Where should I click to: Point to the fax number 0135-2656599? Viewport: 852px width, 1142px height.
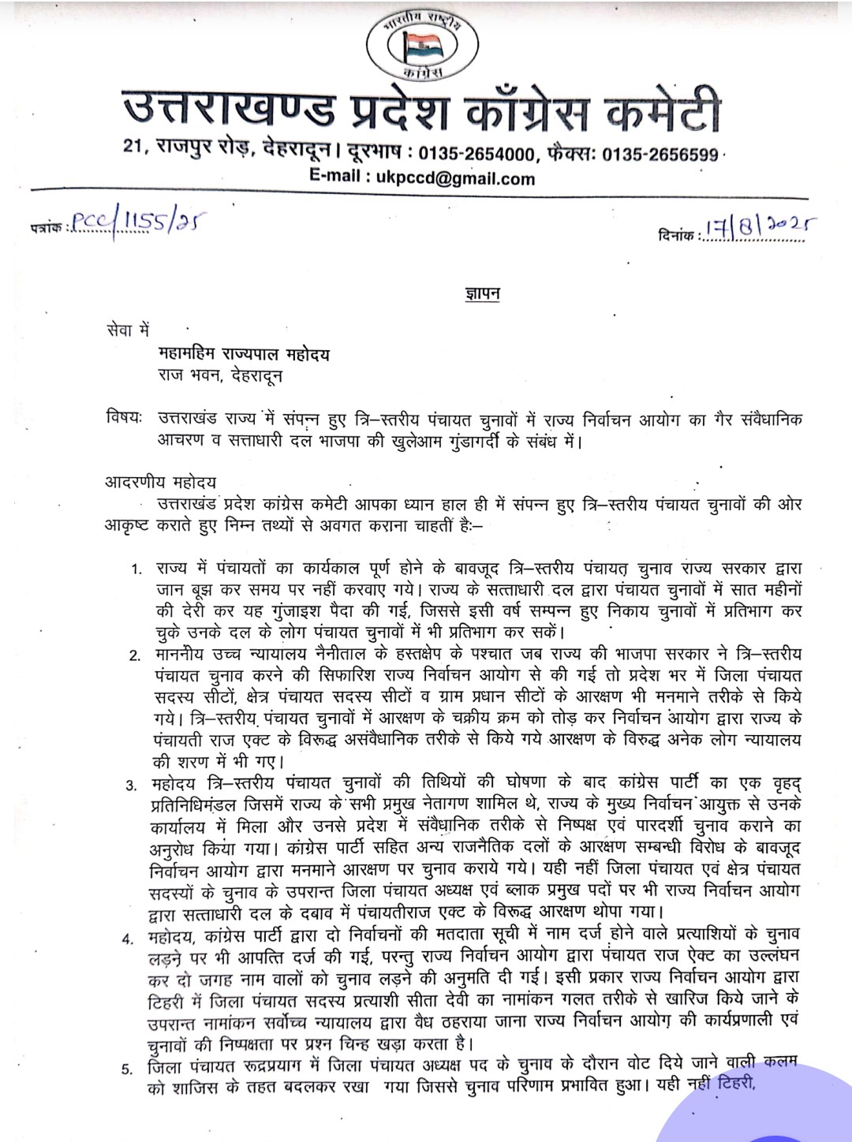pyautogui.click(x=660, y=154)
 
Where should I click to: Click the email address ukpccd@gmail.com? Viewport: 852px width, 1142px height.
pyautogui.click(x=455, y=177)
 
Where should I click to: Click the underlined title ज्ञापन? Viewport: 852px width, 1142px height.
pyautogui.click(x=482, y=294)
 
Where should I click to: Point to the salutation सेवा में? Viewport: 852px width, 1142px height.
pyautogui.click(x=127, y=330)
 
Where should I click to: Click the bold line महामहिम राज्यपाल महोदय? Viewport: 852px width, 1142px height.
pyautogui.click(x=242, y=354)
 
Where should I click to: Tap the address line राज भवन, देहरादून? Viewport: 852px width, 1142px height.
pyautogui.click(x=219, y=375)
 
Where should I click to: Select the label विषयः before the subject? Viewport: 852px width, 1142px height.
pyautogui.click(x=124, y=417)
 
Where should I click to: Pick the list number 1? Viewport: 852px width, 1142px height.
pyautogui.click(x=137, y=569)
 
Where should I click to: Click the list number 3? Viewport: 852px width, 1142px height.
pyautogui.click(x=132, y=786)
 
